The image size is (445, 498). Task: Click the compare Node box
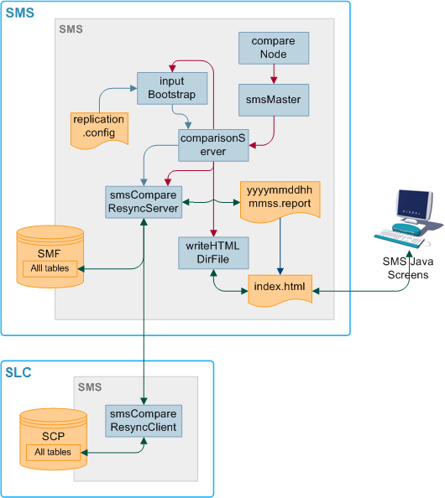click(x=274, y=48)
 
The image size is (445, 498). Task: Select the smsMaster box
click(x=274, y=100)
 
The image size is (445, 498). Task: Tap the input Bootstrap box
click(x=171, y=87)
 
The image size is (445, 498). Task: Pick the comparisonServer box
click(x=213, y=144)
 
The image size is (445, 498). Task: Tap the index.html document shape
click(x=279, y=289)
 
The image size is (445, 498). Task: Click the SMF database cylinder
click(x=51, y=252)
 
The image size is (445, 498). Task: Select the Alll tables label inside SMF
click(x=51, y=269)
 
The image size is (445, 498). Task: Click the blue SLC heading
click(x=19, y=372)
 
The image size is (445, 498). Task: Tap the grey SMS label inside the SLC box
click(x=90, y=386)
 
